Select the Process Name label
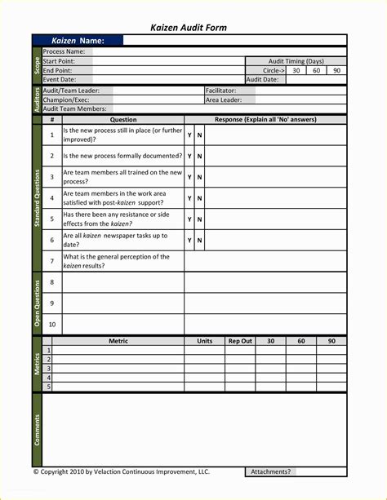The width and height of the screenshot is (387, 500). pos(64,52)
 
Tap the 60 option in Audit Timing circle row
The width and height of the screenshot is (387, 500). pos(316,70)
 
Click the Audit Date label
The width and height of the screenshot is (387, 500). pos(263,79)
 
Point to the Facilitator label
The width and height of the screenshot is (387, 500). pos(220,91)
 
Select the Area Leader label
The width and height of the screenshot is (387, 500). pos(223,100)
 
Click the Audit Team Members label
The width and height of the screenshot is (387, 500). pos(74,108)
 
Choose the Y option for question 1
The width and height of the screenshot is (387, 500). pos(189,135)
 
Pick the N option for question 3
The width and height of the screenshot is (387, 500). pos(199,177)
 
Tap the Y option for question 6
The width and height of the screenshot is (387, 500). pos(189,240)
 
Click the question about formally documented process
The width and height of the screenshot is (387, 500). pos(122,156)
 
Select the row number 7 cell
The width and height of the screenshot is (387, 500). pos(51,261)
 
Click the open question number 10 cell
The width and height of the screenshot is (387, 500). pos(51,324)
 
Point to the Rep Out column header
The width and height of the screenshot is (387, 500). pos(240,341)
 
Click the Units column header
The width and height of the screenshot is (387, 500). pos(204,341)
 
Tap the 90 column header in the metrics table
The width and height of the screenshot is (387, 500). pos(331,341)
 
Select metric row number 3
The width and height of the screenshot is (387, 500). pos(48,369)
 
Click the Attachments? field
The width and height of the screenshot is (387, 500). pos(270,471)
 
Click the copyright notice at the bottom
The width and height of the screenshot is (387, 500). pos(121,471)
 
